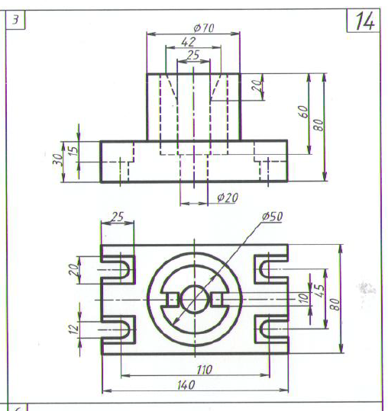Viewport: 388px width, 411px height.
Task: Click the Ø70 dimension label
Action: pyautogui.click(x=204, y=27)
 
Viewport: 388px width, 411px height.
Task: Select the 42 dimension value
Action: pyautogui.click(x=189, y=42)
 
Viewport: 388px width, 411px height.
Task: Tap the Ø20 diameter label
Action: pyautogui.click(x=228, y=197)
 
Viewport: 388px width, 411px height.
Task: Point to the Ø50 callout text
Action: pyautogui.click(x=272, y=217)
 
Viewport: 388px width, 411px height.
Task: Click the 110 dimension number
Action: pyautogui.click(x=205, y=370)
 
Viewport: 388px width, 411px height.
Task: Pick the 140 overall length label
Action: pyautogui.click(x=186, y=385)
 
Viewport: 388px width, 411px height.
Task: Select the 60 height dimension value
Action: pyautogui.click(x=303, y=112)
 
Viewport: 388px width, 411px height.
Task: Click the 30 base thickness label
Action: pyautogui.click(x=58, y=159)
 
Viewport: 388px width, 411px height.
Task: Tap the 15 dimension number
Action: pyautogui.click(x=74, y=150)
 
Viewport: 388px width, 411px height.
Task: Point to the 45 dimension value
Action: pyautogui.click(x=320, y=291)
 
